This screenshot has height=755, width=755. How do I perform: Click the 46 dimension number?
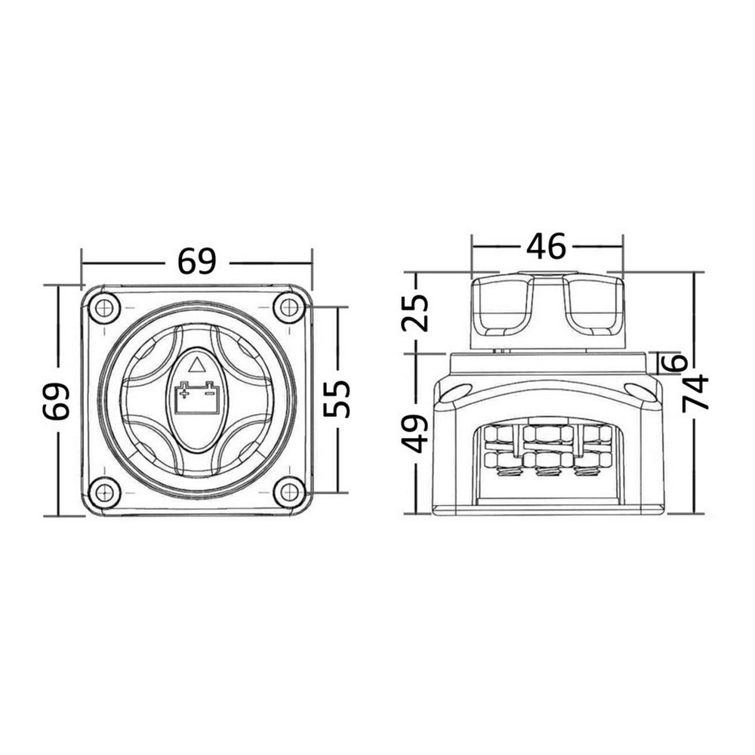(546, 245)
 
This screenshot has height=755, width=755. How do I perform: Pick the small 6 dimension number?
(677, 362)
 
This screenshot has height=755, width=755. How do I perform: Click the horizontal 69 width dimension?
(196, 261)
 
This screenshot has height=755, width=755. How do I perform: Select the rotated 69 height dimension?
(57, 400)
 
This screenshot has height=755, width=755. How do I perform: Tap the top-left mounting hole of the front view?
(103, 307)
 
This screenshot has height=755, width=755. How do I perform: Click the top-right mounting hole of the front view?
(288, 307)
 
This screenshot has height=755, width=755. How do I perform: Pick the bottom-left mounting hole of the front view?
(103, 493)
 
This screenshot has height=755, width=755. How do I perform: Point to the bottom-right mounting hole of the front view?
(288, 493)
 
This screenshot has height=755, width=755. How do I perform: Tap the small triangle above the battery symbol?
(196, 366)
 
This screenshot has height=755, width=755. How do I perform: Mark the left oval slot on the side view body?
(458, 390)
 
